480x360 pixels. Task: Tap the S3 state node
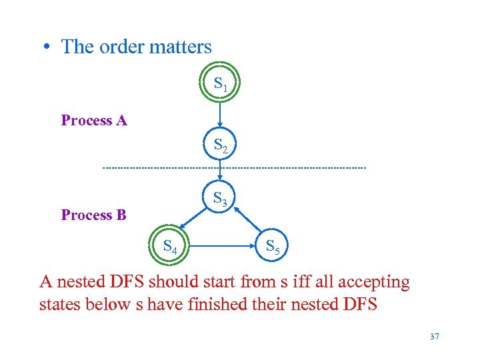[220, 198]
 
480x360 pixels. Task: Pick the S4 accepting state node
[171, 247]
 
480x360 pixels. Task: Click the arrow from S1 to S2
[220, 115]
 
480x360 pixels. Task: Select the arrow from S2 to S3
[220, 171]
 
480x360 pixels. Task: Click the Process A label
[94, 121]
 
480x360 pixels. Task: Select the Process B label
[94, 215]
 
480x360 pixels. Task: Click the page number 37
[435, 337]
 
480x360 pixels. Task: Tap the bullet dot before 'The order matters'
[45, 47]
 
